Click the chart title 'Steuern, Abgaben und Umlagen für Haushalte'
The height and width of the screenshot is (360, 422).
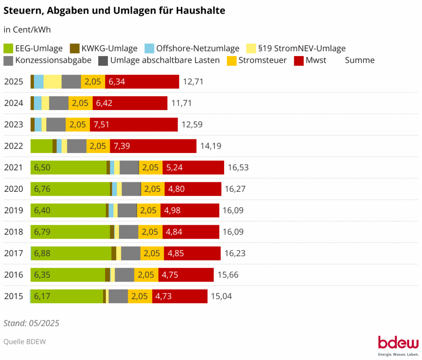[x=115, y=11]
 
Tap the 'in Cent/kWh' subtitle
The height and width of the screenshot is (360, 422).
[x=27, y=30]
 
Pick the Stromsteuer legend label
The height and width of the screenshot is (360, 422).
[x=263, y=60]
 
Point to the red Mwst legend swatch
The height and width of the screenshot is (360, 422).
[x=299, y=60]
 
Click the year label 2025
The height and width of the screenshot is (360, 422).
[x=14, y=82]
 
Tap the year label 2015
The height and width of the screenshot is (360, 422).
[x=14, y=296]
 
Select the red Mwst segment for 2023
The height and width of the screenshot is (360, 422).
[x=143, y=125]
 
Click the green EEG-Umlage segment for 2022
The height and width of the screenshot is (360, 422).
[x=41, y=146]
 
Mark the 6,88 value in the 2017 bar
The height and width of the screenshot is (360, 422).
[x=42, y=253]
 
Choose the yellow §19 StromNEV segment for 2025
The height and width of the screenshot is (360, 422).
[x=52, y=82]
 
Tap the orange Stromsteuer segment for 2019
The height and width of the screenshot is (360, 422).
[x=149, y=210]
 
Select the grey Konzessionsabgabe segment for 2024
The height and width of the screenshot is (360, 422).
[x=59, y=103]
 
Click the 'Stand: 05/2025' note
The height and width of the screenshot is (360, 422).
[x=31, y=323]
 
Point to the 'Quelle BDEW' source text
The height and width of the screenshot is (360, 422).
[x=25, y=341]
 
